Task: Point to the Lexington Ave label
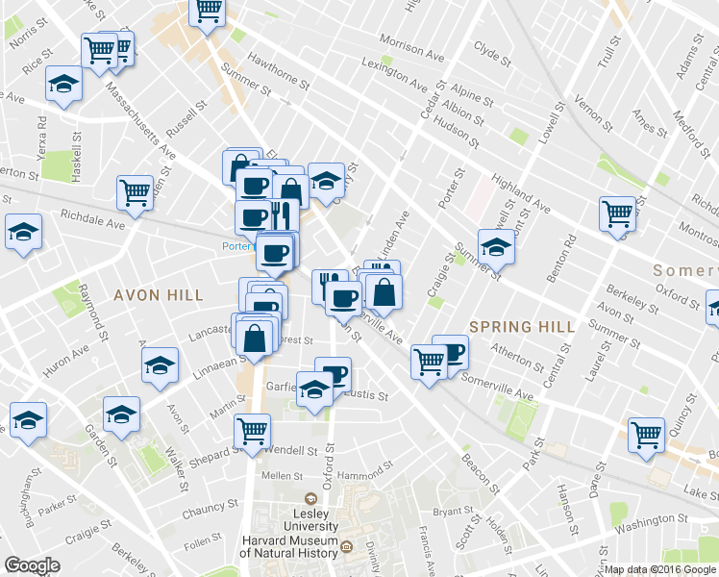click(392, 74)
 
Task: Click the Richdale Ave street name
click(94, 220)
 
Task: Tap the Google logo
click(32, 565)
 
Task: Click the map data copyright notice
click(660, 569)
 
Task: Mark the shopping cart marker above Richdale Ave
click(136, 190)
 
